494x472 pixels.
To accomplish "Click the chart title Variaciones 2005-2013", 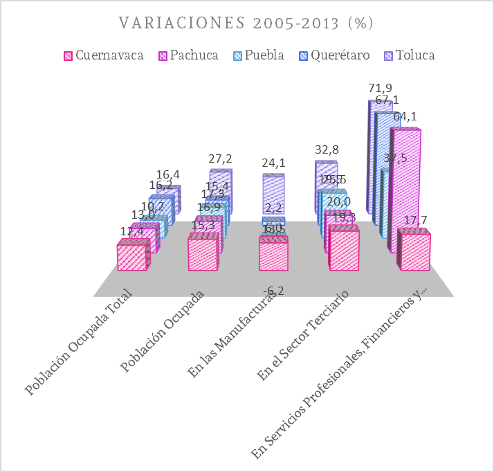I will click(247, 23).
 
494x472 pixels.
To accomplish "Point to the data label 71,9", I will click(381, 88).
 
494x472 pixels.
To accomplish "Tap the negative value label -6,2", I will click(273, 291).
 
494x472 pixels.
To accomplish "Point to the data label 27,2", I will click(221, 158).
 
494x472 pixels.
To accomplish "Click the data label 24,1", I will click(274, 163).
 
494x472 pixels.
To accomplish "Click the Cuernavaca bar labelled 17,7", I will click(414, 253).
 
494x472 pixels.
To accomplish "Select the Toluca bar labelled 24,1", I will click(273, 194).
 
